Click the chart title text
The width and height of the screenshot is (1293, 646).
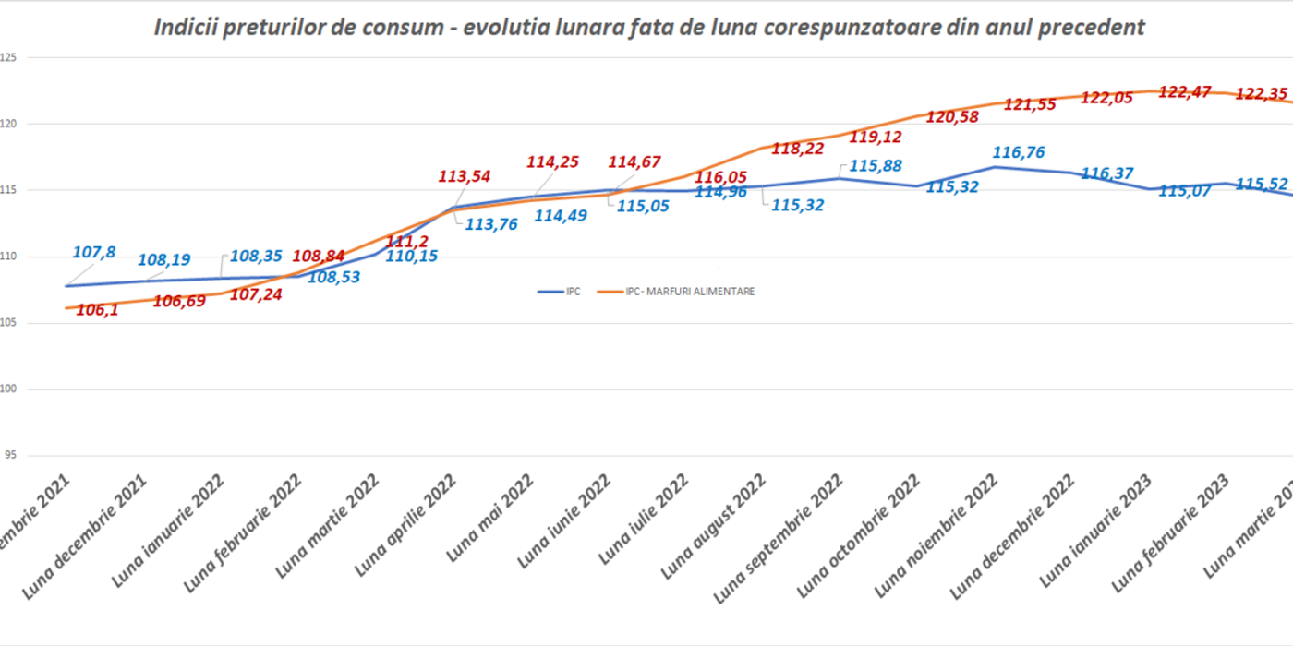click(x=649, y=28)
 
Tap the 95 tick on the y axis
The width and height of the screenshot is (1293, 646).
click(x=9, y=456)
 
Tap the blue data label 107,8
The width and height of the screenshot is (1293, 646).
click(x=94, y=253)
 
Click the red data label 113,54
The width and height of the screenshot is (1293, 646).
click(x=464, y=176)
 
